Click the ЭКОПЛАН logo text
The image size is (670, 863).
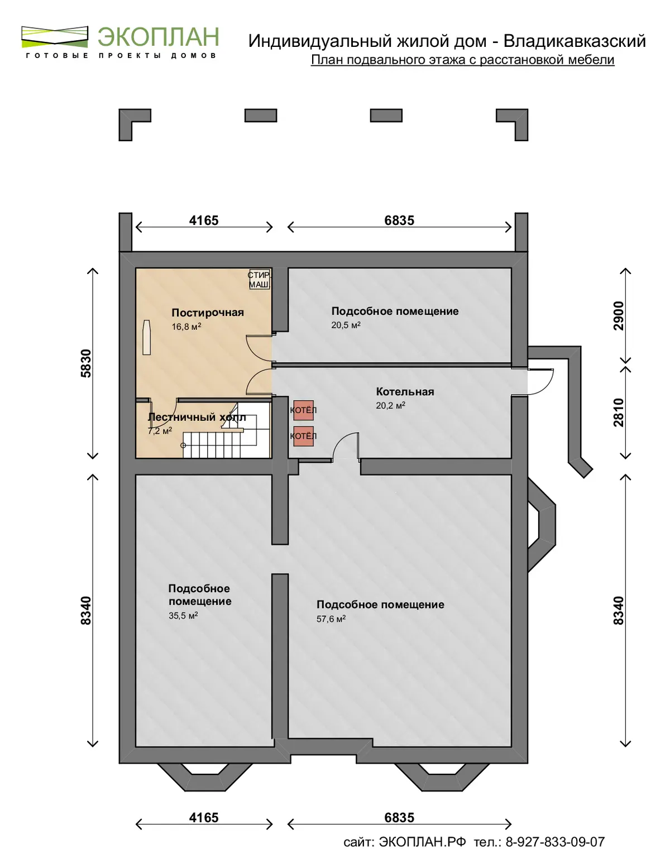pyautogui.click(x=159, y=37)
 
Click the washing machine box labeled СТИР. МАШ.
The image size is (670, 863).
pyautogui.click(x=259, y=280)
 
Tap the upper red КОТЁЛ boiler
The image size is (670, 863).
pyautogui.click(x=303, y=410)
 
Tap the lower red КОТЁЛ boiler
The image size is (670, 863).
pyautogui.click(x=303, y=436)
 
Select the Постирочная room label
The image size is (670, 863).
pyautogui.click(x=207, y=313)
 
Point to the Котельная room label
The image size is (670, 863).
pyautogui.click(x=405, y=391)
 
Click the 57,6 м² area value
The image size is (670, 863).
pyautogui.click(x=331, y=619)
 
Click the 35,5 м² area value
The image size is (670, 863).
pyautogui.click(x=183, y=616)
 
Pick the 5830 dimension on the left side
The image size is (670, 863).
pyautogui.click(x=86, y=363)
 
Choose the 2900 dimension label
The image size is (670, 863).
pyautogui.click(x=619, y=316)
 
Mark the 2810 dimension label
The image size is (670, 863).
pyautogui.click(x=619, y=412)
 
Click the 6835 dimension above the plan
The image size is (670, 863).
pyautogui.click(x=399, y=220)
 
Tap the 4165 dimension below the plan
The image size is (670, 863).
pyautogui.click(x=204, y=818)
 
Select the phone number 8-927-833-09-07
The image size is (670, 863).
pyautogui.click(x=555, y=842)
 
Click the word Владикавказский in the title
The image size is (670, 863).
pyautogui.click(x=575, y=41)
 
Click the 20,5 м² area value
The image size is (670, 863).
pyautogui.click(x=346, y=325)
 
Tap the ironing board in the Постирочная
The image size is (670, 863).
pyautogui.click(x=146, y=337)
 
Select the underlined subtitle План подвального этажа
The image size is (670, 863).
pyautogui.click(x=463, y=60)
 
